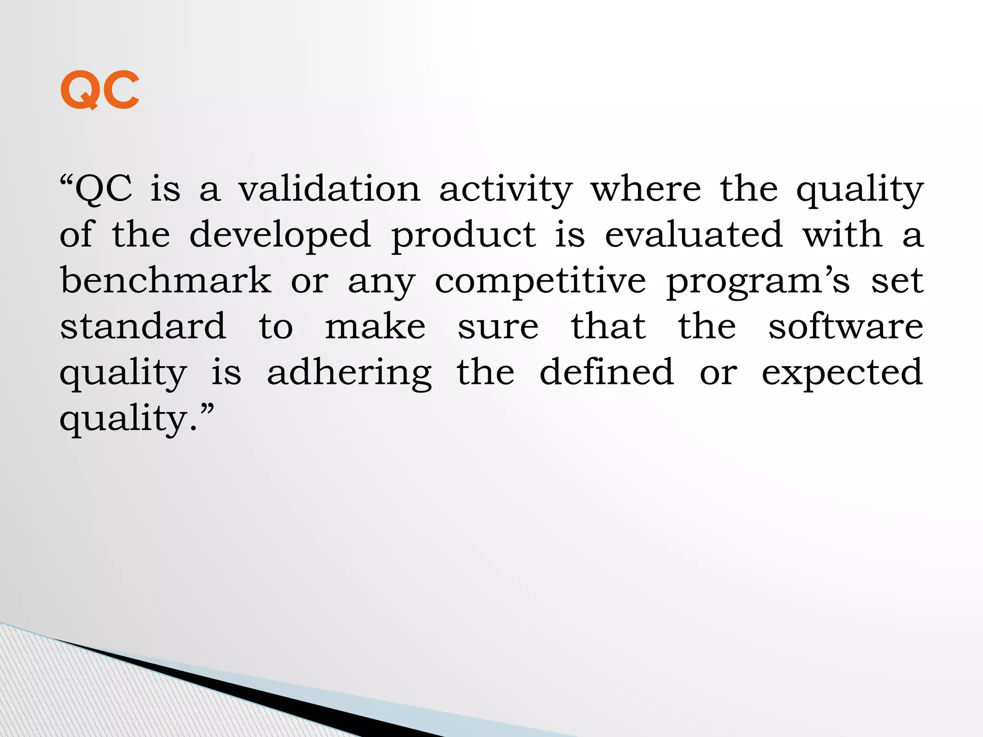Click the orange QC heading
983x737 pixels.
[x=100, y=90]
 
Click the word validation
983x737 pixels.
[x=329, y=189]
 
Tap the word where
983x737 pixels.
[x=646, y=189]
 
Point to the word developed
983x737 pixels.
[x=280, y=235]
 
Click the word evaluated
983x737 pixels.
[x=694, y=235]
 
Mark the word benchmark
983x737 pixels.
[x=166, y=280]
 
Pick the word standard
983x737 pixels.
[x=143, y=326]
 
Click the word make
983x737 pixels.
[x=375, y=326]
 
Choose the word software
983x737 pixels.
[x=846, y=326]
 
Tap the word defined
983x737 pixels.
[x=607, y=372]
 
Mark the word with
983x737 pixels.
[x=842, y=235]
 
